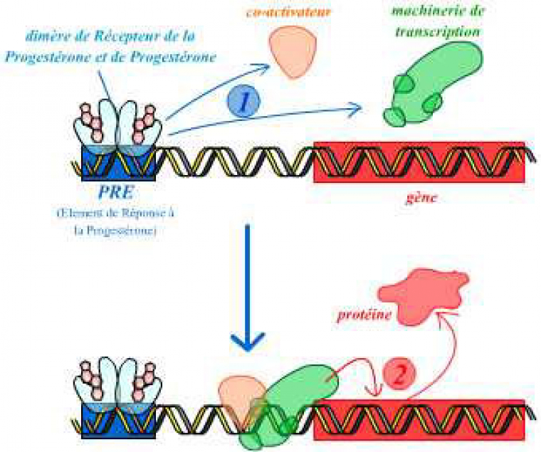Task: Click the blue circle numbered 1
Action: (243, 103)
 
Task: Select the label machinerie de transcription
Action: (436, 21)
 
